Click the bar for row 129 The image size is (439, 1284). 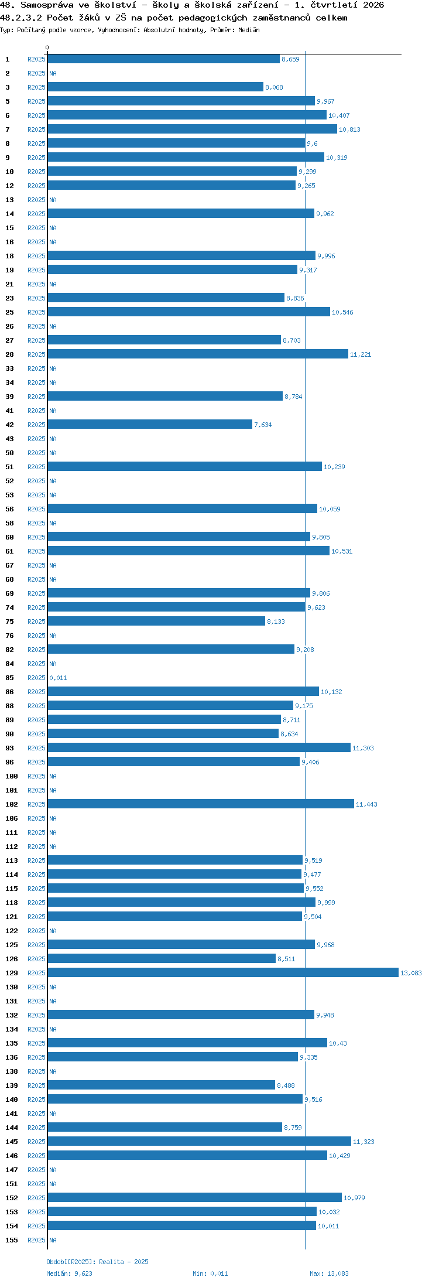point(223,973)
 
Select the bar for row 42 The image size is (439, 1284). point(150,425)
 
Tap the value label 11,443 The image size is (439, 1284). point(366,804)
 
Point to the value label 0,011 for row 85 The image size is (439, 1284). point(58,678)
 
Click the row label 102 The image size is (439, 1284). point(12,804)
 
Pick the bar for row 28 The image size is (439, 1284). point(198,354)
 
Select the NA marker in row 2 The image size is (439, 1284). point(53,73)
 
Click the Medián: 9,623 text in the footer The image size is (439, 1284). point(69,1273)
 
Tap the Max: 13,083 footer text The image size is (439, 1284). point(329,1273)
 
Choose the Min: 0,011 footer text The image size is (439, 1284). point(210,1273)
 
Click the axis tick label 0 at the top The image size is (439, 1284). point(47,47)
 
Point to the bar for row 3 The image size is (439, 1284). point(155,87)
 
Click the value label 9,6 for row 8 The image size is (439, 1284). point(312,144)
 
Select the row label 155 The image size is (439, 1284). point(12,1240)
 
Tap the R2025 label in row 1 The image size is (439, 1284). point(36,59)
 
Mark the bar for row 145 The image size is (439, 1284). point(199,1142)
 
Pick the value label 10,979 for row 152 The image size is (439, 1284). point(354,1198)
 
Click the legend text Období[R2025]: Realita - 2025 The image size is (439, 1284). point(97,1262)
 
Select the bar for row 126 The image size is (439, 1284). point(162,959)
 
